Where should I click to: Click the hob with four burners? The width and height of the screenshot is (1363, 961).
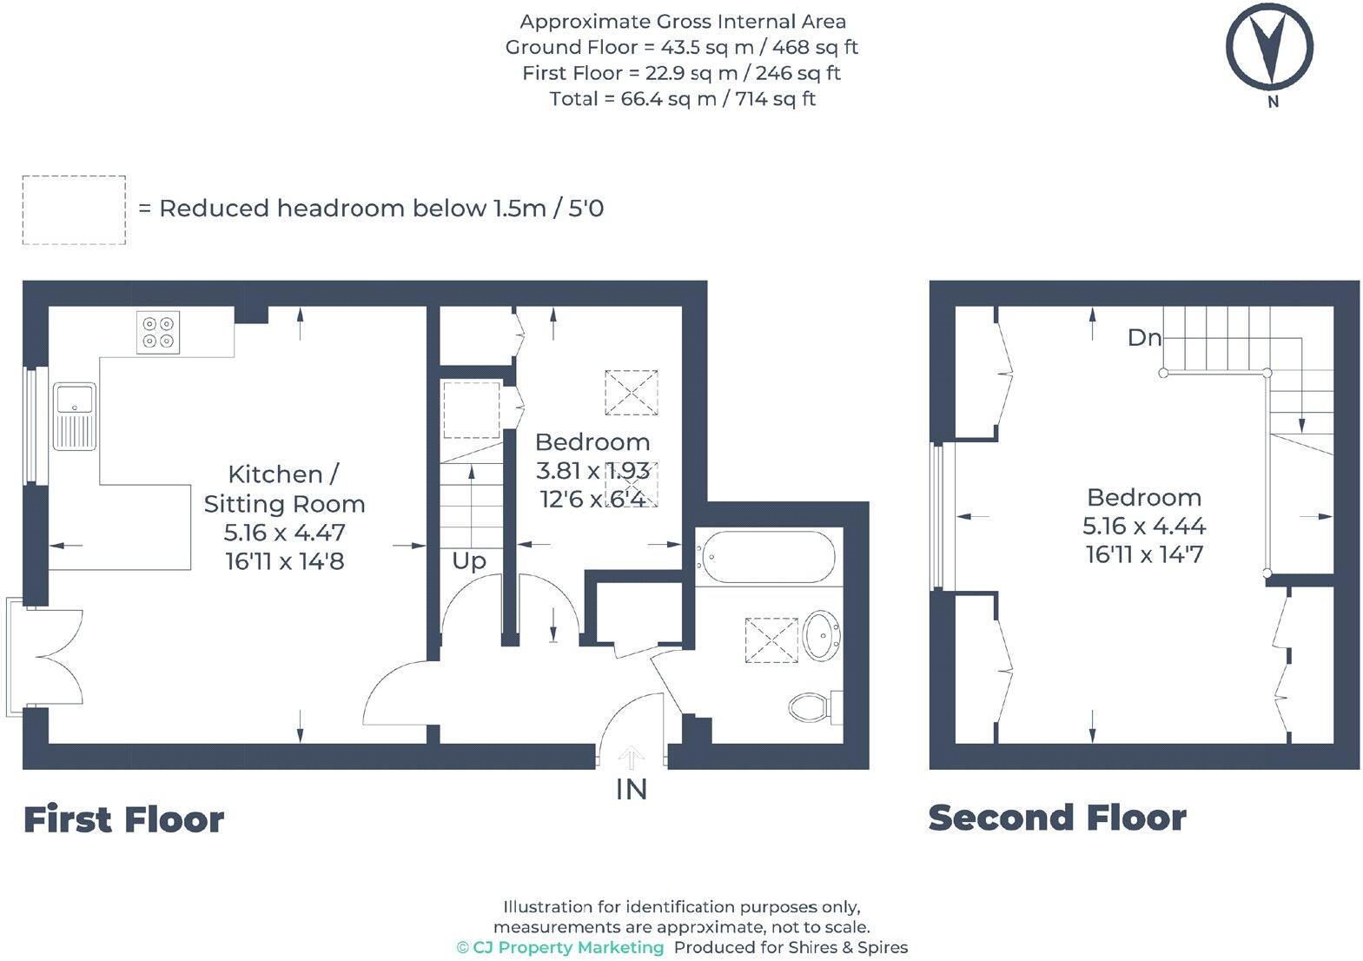(158, 332)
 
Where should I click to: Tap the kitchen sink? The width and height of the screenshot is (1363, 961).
(75, 415)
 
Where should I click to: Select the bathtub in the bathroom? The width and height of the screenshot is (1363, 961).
(768, 557)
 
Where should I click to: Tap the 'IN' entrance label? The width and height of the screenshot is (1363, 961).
(632, 789)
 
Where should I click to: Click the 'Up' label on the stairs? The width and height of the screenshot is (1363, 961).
(468, 561)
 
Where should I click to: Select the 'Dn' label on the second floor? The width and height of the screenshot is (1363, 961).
(1144, 337)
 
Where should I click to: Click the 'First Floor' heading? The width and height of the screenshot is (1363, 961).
(123, 819)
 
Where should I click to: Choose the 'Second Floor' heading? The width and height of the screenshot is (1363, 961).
(1057, 818)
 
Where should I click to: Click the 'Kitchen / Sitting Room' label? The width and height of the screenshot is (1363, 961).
(284, 489)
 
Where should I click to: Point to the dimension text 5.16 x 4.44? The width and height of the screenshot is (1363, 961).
(1144, 526)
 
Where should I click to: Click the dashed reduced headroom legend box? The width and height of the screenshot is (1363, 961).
(74, 209)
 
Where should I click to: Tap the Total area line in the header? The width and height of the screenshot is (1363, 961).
(682, 99)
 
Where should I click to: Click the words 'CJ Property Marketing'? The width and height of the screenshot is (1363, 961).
(568, 947)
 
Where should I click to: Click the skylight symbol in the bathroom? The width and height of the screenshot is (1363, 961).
(771, 640)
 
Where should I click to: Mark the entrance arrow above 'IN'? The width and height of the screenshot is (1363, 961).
(632, 758)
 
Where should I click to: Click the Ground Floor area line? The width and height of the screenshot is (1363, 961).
(682, 47)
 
